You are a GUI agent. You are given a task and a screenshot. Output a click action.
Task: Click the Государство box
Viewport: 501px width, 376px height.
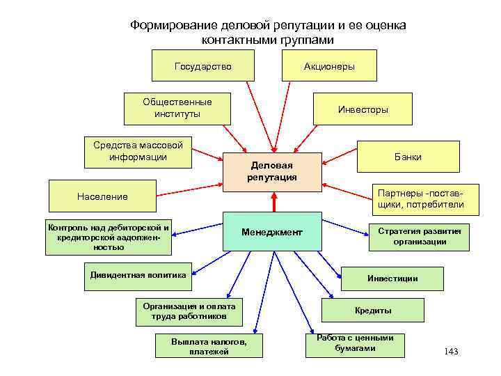click(x=203, y=67)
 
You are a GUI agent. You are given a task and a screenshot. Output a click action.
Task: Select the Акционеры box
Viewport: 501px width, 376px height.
click(x=329, y=67)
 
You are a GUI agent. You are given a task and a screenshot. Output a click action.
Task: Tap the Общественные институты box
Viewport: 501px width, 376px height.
click(x=177, y=108)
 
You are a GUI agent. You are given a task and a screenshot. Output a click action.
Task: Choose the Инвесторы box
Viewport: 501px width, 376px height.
click(x=363, y=110)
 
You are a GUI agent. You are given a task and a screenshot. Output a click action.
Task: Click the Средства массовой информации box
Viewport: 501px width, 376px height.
click(x=138, y=152)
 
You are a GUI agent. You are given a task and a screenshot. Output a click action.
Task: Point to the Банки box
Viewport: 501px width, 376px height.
click(x=408, y=157)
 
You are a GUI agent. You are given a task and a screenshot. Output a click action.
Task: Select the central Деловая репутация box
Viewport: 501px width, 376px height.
click(x=271, y=171)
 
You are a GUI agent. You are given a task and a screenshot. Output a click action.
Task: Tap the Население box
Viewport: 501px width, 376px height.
click(x=102, y=196)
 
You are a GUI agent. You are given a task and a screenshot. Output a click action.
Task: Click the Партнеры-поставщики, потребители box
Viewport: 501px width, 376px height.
click(x=420, y=198)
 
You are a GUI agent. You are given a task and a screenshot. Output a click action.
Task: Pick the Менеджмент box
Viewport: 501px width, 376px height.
click(x=271, y=231)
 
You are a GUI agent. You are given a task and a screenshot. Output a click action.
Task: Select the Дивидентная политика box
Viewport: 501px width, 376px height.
click(x=138, y=275)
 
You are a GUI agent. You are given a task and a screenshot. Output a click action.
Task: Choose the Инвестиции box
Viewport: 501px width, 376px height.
click(x=392, y=279)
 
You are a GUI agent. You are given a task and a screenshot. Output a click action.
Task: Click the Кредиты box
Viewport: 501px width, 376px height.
click(x=372, y=311)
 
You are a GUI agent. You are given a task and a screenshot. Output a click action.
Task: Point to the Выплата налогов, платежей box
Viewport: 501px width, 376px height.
click(x=209, y=345)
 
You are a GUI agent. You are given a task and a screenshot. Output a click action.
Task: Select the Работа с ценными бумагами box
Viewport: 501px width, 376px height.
click(x=355, y=343)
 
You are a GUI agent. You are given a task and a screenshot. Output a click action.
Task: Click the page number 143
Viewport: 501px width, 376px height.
click(x=450, y=352)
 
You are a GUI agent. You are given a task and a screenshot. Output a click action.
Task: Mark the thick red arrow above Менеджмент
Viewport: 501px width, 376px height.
click(x=275, y=202)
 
